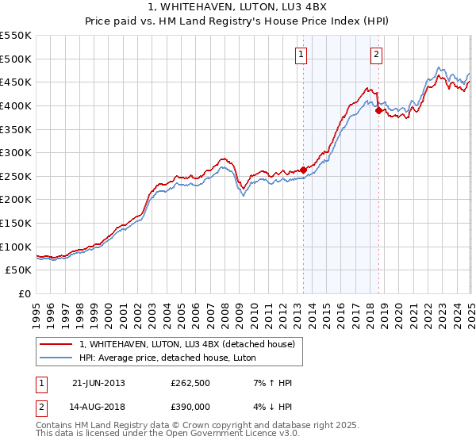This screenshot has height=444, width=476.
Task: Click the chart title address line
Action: click(x=238, y=6)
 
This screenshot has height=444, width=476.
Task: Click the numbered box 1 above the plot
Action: click(x=302, y=55)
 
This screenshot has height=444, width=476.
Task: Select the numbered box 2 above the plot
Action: click(x=376, y=55)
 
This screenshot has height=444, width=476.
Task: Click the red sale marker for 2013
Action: click(x=303, y=170)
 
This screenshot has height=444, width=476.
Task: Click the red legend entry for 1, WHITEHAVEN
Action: click(x=187, y=344)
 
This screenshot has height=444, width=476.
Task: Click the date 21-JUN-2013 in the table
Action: click(x=98, y=383)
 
